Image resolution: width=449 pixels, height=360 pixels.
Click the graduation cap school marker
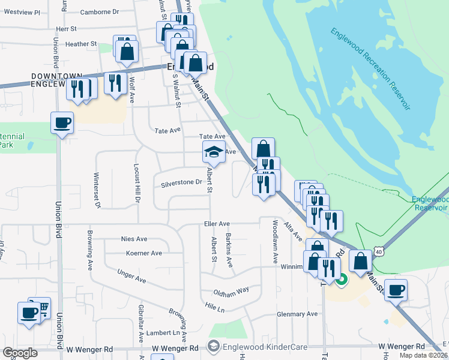tap(213, 154)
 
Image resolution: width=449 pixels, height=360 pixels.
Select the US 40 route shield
tap(378, 252)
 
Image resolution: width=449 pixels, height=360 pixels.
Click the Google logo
tap(20, 352)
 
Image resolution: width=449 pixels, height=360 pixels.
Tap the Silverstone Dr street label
tap(180, 183)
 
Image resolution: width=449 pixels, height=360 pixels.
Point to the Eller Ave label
tap(216, 223)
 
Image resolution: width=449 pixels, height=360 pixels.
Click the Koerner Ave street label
tap(143, 253)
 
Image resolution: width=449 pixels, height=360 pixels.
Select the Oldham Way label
tap(231, 291)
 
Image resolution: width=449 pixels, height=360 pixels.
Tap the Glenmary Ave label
tap(297, 314)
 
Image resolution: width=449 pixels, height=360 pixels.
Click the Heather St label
tap(81, 44)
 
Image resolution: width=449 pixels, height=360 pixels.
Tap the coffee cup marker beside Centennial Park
tap(62, 123)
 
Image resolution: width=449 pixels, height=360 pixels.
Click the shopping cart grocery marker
tap(41, 308)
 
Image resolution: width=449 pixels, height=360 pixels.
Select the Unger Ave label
tap(132, 277)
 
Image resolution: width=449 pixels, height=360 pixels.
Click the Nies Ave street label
tap(134, 238)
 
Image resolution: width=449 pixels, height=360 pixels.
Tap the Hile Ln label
tap(214, 308)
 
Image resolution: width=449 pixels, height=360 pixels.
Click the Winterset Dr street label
tap(96, 190)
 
